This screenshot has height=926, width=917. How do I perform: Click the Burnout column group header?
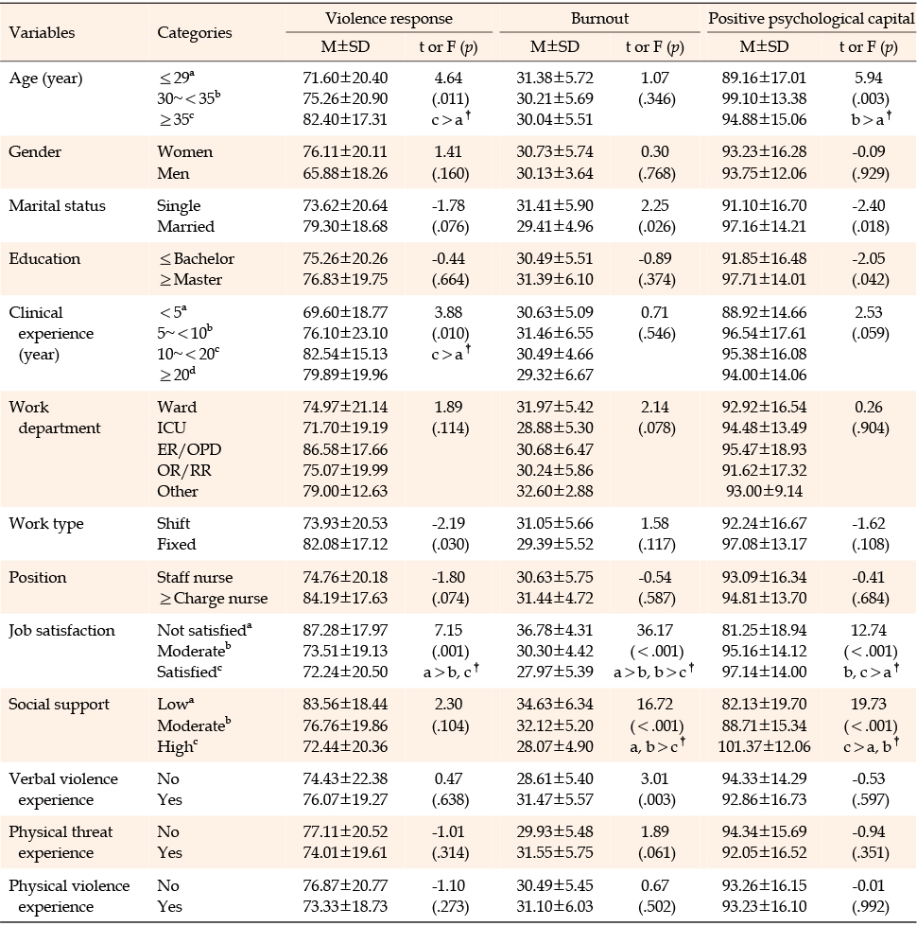click(599, 18)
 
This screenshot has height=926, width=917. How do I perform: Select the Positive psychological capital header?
click(811, 19)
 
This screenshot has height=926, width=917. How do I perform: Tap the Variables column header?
click(42, 32)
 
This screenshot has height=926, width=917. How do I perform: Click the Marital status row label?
click(58, 205)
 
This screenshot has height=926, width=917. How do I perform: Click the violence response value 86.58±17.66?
click(345, 449)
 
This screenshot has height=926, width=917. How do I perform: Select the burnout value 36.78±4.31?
click(555, 630)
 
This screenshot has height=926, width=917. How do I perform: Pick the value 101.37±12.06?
click(764, 746)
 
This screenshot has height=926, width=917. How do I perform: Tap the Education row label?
click(44, 258)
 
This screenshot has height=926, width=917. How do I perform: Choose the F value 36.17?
click(654, 630)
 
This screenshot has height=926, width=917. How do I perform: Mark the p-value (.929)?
click(870, 174)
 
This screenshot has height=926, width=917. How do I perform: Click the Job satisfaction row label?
click(62, 631)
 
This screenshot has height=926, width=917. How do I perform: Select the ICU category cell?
click(171, 428)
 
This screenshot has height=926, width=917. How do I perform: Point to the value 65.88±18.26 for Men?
click(345, 174)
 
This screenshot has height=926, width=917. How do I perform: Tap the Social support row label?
click(59, 705)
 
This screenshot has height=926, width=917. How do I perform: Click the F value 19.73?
click(869, 704)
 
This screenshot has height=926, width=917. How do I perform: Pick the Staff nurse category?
click(195, 577)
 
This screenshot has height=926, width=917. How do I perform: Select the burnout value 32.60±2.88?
click(555, 491)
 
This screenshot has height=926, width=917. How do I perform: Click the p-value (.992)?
click(870, 906)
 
